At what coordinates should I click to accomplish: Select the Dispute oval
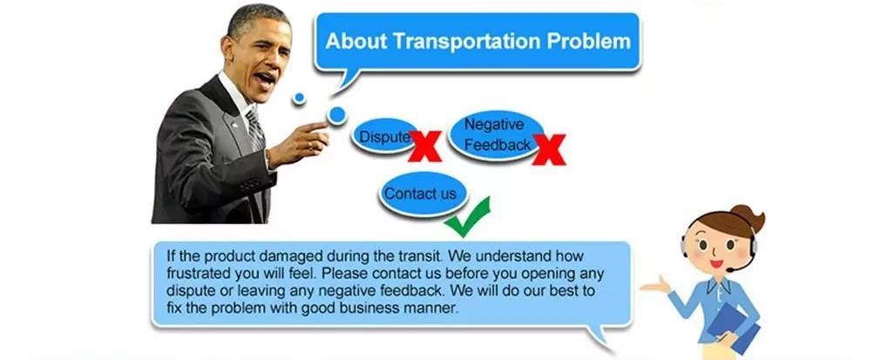(383, 138)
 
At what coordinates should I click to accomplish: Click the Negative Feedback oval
(494, 134)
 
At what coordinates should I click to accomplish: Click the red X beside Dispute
(425, 146)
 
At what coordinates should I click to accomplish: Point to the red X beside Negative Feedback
(548, 149)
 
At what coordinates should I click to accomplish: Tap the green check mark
(468, 217)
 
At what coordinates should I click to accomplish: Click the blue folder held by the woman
(733, 326)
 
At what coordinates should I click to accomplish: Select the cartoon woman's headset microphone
(736, 265)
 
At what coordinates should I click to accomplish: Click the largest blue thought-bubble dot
(336, 115)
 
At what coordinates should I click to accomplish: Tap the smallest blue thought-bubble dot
(299, 98)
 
